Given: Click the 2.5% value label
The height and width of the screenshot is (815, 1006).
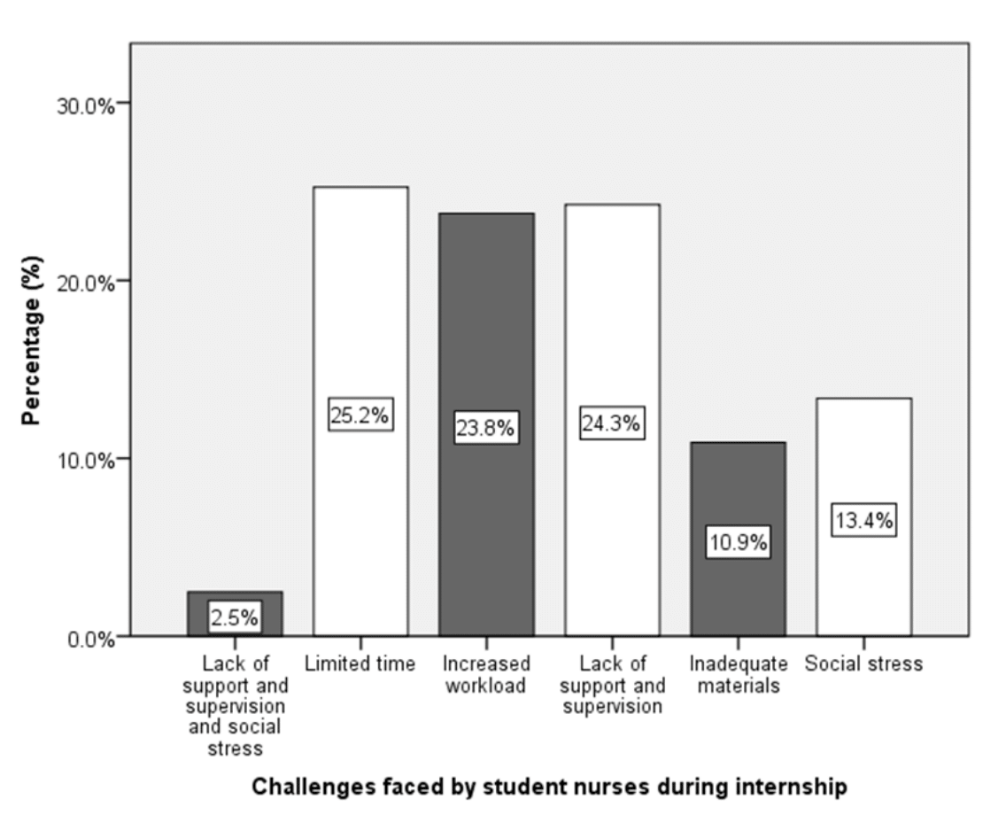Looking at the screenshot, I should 235,617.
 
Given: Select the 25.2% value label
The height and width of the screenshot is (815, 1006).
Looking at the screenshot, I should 360,415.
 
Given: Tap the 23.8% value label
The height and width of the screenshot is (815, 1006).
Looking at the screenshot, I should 485,429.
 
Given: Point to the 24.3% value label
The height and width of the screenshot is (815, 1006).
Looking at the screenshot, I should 611,423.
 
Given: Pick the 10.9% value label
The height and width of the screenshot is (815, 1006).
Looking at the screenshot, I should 738,542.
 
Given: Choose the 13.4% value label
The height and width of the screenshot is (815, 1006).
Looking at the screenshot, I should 863,522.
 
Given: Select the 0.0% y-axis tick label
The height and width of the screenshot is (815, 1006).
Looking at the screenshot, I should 91,639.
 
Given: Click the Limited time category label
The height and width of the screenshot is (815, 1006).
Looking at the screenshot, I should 360,664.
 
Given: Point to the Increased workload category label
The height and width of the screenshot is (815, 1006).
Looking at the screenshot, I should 485,674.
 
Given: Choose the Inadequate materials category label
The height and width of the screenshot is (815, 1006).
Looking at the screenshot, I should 738,674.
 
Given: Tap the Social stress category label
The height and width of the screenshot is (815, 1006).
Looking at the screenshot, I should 863,664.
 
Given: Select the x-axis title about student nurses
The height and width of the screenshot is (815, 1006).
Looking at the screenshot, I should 549,786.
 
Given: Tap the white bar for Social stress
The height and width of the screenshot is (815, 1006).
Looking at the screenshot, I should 863,461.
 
